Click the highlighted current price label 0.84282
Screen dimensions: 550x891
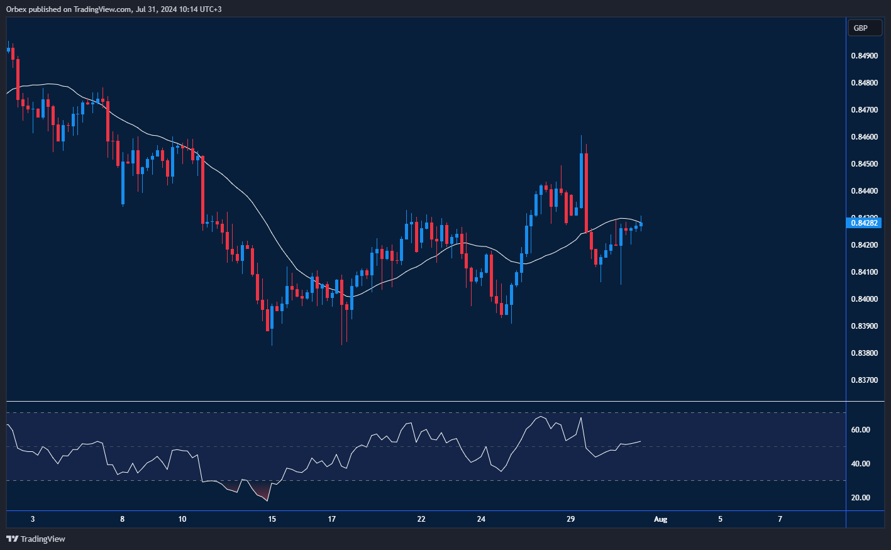pos(865,223)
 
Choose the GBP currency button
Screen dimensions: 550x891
pos(861,28)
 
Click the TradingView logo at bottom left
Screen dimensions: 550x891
pos(36,539)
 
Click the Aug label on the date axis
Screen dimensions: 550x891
pos(660,519)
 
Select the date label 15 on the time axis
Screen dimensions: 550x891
pos(272,519)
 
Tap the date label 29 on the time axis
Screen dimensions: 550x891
pos(571,519)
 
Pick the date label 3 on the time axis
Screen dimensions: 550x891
pos(33,519)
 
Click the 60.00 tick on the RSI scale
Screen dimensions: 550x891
pos(860,430)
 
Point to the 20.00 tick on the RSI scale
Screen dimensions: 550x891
pos(860,498)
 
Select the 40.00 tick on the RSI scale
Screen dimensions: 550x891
pos(860,464)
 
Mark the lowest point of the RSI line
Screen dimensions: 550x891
pos(268,500)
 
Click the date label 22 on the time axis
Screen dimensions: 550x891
pos(421,519)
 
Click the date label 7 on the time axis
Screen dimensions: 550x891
pos(780,519)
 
